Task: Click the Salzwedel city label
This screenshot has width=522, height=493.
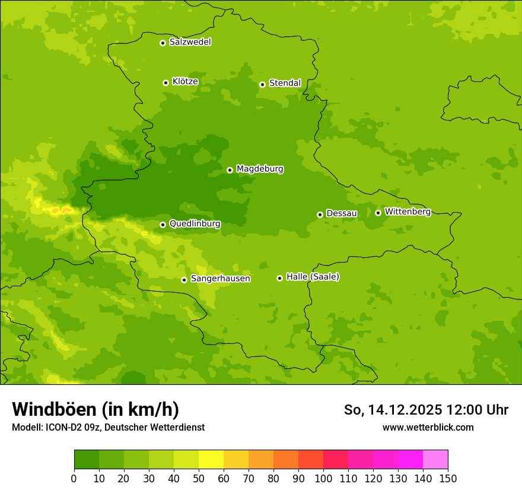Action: [190, 42]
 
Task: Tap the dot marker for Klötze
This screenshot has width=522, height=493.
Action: [165, 83]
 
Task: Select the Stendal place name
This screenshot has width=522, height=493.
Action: [285, 83]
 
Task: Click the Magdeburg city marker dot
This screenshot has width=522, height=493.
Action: [230, 170]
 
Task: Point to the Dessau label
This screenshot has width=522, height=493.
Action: [342, 213]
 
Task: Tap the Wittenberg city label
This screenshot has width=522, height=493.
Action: [407, 211]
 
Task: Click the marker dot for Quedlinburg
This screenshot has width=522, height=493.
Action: [163, 225]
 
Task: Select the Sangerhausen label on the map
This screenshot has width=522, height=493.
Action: [220, 279]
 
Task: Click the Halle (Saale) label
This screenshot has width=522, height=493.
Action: [313, 277]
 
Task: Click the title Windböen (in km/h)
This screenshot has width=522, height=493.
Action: [96, 409]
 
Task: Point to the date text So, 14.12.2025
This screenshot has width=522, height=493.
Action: [391, 410]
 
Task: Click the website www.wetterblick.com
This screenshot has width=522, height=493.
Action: [428, 427]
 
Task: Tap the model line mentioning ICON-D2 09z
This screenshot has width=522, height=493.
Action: [108, 427]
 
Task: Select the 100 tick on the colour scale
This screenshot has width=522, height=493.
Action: [323, 478]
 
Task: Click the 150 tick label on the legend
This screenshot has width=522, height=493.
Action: [448, 478]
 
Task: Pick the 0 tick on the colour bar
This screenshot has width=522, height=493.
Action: [74, 478]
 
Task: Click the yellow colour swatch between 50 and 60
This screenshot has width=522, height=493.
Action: [211, 460]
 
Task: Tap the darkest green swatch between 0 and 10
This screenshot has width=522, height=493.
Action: [87, 460]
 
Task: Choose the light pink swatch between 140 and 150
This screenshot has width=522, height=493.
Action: [435, 460]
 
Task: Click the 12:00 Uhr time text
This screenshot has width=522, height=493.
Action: [480, 410]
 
